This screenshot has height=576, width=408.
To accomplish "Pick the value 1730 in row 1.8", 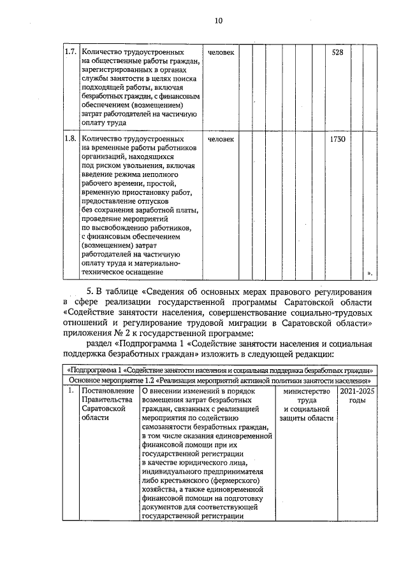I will tap(338, 138).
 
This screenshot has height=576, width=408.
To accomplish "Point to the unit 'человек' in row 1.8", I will tap(221, 138).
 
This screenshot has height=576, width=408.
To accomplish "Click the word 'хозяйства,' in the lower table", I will tap(161, 489).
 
